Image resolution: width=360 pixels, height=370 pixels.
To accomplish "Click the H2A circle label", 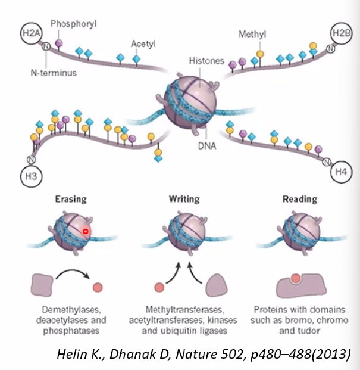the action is pyautogui.click(x=31, y=33).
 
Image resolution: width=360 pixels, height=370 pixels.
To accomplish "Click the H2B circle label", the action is pyautogui.click(x=342, y=33).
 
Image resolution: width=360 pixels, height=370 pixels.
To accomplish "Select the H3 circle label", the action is pyautogui.click(x=31, y=176).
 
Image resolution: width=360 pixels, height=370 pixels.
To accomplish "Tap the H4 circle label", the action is pyautogui.click(x=341, y=172).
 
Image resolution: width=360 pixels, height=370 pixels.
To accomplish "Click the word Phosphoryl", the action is pyautogui.click(x=73, y=24).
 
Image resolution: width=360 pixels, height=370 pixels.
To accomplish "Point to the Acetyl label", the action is pyautogui.click(x=143, y=44).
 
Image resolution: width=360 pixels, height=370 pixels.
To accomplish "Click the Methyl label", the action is pyautogui.click(x=252, y=34).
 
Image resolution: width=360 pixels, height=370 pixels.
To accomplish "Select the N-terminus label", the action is pyautogui.click(x=54, y=73).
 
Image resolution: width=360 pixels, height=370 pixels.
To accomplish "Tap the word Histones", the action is pyautogui.click(x=206, y=61).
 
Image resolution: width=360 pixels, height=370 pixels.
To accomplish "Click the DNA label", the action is pyautogui.click(x=207, y=146).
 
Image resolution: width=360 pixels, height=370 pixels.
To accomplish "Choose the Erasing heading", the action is pyautogui.click(x=71, y=199).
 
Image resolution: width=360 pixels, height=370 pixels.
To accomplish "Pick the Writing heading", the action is pyautogui.click(x=184, y=199).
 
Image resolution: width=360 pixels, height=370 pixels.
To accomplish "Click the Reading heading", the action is pyautogui.click(x=300, y=199).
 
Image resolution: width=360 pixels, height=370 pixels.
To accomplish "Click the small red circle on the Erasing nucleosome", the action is pyautogui.click(x=86, y=232).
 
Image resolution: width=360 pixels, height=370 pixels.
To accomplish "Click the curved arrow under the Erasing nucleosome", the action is pyautogui.click(x=72, y=271).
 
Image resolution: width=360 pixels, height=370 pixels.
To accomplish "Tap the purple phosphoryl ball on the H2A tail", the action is pyautogui.click(x=59, y=43).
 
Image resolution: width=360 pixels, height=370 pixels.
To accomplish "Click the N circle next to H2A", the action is pyautogui.click(x=46, y=46).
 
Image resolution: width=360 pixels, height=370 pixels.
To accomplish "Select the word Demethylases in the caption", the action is pyautogui.click(x=71, y=310).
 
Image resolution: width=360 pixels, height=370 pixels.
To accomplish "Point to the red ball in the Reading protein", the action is pyautogui.click(x=296, y=278).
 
